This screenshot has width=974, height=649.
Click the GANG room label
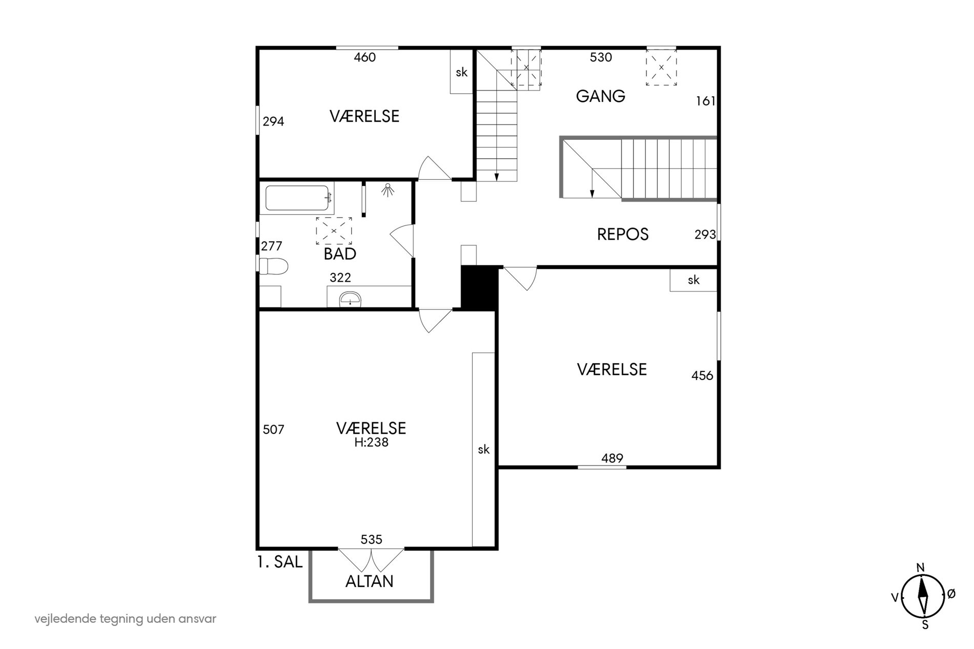[x=600, y=96]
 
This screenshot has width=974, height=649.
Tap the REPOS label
[x=623, y=234]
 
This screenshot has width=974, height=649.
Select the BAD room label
[x=340, y=254]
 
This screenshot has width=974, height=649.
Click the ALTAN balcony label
[x=370, y=581]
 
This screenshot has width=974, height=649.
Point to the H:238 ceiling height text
[x=371, y=442]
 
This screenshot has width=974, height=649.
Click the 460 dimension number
[x=365, y=57]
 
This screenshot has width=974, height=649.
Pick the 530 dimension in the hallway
[x=601, y=57]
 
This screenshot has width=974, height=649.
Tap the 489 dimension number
[x=612, y=458]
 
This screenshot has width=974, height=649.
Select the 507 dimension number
[x=273, y=429]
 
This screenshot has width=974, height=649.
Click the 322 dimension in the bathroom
[x=340, y=278]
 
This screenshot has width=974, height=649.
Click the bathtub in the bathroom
[x=297, y=198]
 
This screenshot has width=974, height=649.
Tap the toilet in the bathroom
[x=273, y=266]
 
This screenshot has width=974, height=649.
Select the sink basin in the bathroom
[x=350, y=298]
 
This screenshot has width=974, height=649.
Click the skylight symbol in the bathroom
[x=334, y=231]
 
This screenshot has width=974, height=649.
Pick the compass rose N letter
[x=921, y=568]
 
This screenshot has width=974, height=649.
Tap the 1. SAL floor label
[x=279, y=562]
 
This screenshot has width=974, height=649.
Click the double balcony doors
[x=371, y=559]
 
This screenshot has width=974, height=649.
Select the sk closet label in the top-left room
[x=461, y=72]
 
